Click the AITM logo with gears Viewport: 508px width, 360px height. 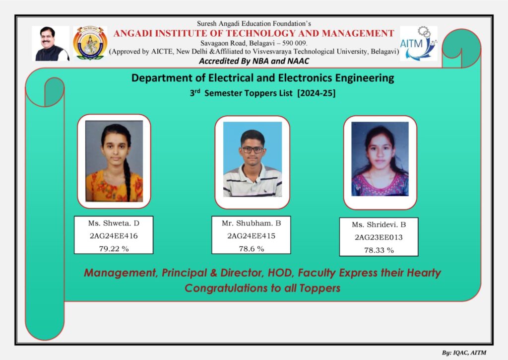point(419,44)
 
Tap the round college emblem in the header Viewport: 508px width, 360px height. point(90,43)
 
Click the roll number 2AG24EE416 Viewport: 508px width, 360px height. point(114,236)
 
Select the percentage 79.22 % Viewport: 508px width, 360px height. point(114,249)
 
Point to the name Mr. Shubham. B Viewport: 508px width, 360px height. point(251,223)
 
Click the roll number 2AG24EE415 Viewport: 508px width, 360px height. point(251,236)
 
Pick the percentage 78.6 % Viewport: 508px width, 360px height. point(252,249)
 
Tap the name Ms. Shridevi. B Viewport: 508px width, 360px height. point(379,224)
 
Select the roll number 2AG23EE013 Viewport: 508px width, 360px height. point(379,237)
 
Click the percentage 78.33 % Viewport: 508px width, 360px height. point(379,250)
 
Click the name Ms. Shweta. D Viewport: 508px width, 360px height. point(114,223)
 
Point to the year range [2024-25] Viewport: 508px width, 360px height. point(316,93)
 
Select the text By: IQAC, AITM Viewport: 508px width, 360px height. point(464,353)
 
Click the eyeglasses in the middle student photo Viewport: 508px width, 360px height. point(253,150)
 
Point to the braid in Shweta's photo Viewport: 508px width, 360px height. point(127,175)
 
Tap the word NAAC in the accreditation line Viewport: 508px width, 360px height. point(298,61)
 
